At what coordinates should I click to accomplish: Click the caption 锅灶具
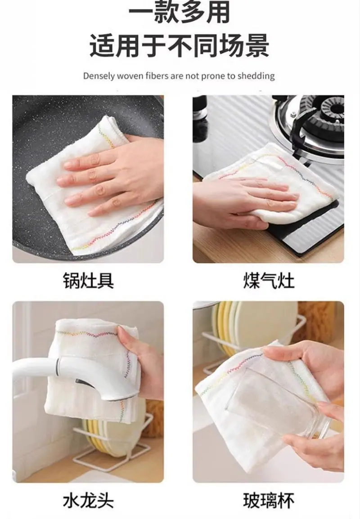(88, 281)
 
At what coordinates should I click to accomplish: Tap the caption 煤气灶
(269, 281)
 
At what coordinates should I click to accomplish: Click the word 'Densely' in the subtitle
(95, 76)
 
